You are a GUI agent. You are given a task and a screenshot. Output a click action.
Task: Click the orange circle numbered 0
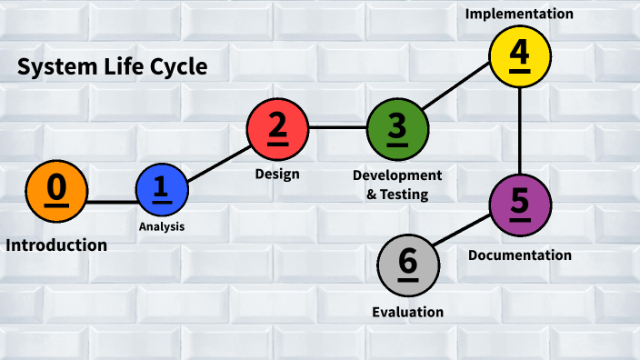pyautogui.click(x=56, y=190)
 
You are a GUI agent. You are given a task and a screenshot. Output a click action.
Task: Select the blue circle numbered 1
pyautogui.click(x=162, y=189)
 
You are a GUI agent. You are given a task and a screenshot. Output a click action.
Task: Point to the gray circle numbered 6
pyautogui.click(x=408, y=265)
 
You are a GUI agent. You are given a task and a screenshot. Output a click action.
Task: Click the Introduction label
pyautogui.click(x=56, y=245)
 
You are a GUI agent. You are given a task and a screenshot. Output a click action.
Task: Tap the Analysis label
pyautogui.click(x=162, y=226)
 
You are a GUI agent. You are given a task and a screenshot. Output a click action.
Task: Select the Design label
pyautogui.click(x=277, y=174)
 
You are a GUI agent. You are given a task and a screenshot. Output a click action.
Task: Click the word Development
pyautogui.click(x=397, y=175)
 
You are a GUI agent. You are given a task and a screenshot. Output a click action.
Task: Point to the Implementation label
pyautogui.click(x=519, y=14)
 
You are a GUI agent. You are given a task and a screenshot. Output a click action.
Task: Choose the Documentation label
pyautogui.click(x=520, y=255)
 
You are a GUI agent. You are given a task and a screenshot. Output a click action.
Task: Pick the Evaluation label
pyautogui.click(x=408, y=312)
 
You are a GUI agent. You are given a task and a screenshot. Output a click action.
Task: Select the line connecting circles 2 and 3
pyautogui.click(x=337, y=128)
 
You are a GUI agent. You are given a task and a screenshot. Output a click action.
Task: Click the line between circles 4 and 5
pyautogui.click(x=519, y=129)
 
